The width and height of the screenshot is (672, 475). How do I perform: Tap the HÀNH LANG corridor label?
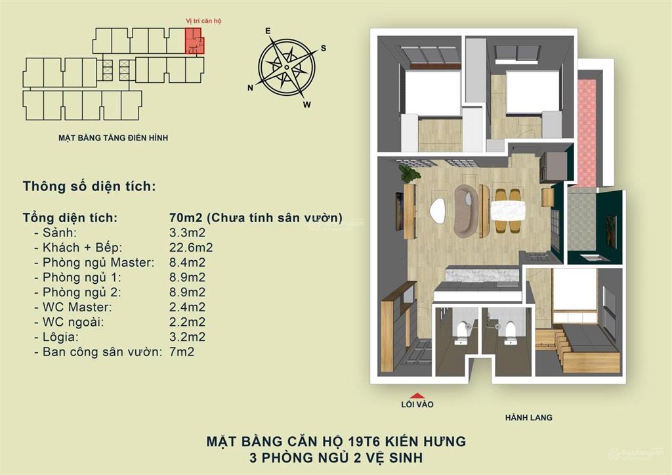coord(528,417)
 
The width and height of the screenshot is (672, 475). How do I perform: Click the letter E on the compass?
coord(268,32)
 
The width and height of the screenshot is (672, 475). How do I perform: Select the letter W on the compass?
coord(306,104)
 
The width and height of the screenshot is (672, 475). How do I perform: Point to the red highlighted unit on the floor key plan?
coord(194,41)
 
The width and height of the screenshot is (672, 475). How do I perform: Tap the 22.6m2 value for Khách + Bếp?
coord(191,247)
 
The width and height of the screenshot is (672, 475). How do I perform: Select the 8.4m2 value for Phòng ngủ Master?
coord(187,262)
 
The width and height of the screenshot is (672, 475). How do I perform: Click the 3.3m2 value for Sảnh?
coord(187,232)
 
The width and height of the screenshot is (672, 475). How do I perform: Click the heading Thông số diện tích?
coord(89,187)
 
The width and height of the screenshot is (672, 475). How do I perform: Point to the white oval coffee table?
coord(438,210)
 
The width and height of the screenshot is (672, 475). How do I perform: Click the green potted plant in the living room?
coord(410,173)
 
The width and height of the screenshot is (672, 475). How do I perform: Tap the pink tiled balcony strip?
coord(586,131)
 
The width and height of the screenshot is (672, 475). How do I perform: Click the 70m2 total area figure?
coord(184,217)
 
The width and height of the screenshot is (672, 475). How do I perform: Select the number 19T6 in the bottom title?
coord(353,441)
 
